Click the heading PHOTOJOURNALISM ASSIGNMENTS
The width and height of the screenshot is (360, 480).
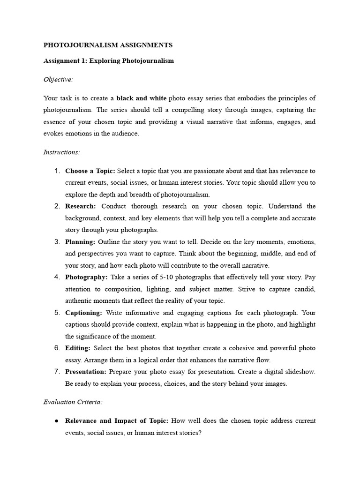tap(108, 45)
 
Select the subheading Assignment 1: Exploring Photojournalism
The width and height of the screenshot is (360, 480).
tap(108, 61)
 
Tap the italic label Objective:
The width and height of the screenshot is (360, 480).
tap(58, 79)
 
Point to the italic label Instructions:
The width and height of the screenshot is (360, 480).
tap(62, 152)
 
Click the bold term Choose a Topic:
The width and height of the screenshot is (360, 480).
tap(90, 171)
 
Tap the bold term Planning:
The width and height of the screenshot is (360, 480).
tap(80, 242)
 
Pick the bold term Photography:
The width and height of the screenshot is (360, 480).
tap(86, 277)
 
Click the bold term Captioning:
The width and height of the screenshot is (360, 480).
tap(83, 313)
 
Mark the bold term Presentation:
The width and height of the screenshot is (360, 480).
tap(86, 372)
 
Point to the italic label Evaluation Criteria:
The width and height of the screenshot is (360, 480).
tap(73, 402)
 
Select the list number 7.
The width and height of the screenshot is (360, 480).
tap(57, 372)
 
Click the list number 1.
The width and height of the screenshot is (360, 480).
tap(57, 171)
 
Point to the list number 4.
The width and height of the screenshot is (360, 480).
tap(57, 277)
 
